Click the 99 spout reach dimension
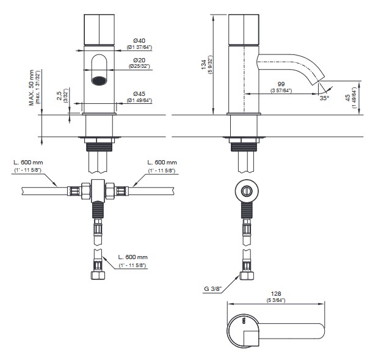[x=281, y=83]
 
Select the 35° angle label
[x=324, y=97]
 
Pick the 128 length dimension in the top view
[x=275, y=293]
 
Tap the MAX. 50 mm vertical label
[x=32, y=86]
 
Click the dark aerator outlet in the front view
[x=100, y=79]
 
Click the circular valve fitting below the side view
[x=245, y=189]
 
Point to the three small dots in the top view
[x=244, y=320]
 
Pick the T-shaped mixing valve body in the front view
[x=99, y=191]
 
